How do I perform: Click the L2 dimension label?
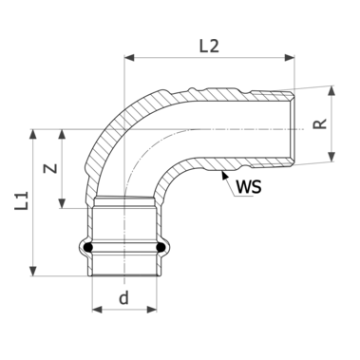(211, 44)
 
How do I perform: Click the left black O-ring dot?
(88, 250)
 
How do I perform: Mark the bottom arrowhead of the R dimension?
(332, 157)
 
